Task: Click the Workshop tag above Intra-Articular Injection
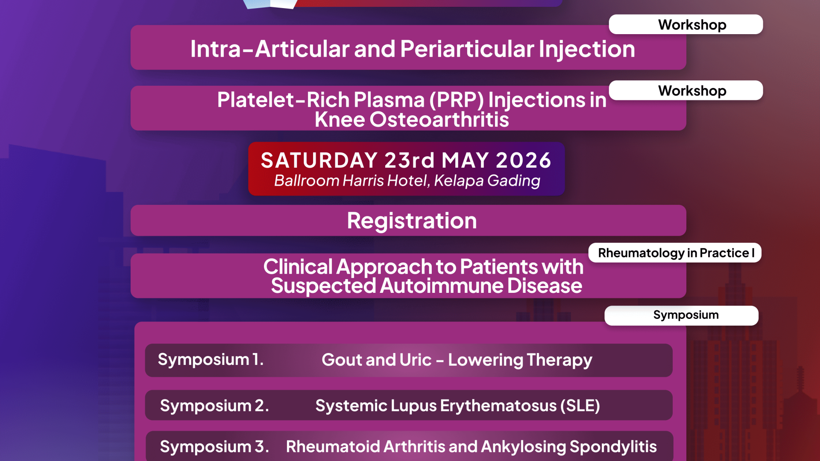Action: (x=686, y=24)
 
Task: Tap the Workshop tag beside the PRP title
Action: (x=686, y=90)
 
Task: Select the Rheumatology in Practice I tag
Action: (x=675, y=253)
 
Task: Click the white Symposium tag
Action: (x=682, y=315)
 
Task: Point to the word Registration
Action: (x=412, y=221)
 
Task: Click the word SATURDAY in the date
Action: (x=319, y=160)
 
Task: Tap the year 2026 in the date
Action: (x=524, y=160)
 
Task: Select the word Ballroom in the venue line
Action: (x=307, y=181)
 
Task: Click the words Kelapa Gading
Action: (x=487, y=181)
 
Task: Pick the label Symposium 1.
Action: (x=211, y=359)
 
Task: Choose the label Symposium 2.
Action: (x=214, y=406)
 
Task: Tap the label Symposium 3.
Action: (x=214, y=446)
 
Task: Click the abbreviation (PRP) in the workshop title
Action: (x=457, y=100)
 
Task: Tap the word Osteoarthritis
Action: (x=439, y=120)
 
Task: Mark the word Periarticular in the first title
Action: (x=467, y=49)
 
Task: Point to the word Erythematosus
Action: (x=498, y=406)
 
